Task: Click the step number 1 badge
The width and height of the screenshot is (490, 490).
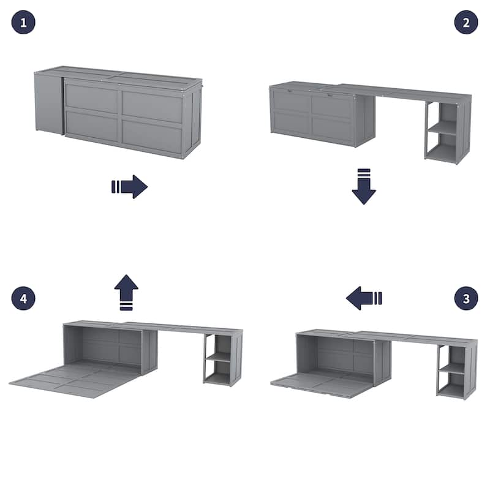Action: click(x=23, y=23)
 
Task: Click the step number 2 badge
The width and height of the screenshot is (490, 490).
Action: click(x=466, y=23)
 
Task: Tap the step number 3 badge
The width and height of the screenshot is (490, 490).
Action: click(x=466, y=298)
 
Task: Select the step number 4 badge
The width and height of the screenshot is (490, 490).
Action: click(x=23, y=298)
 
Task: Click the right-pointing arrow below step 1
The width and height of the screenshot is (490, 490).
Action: click(x=129, y=187)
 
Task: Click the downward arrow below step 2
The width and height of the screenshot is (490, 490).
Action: click(x=364, y=186)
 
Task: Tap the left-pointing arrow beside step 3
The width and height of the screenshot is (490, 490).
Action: click(x=364, y=299)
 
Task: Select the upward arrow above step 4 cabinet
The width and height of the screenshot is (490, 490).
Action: click(x=126, y=292)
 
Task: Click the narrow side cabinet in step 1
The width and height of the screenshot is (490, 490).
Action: click(x=48, y=102)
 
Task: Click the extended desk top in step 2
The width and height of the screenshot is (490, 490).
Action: click(x=404, y=92)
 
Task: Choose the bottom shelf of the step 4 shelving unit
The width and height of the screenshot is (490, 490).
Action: click(x=217, y=377)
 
